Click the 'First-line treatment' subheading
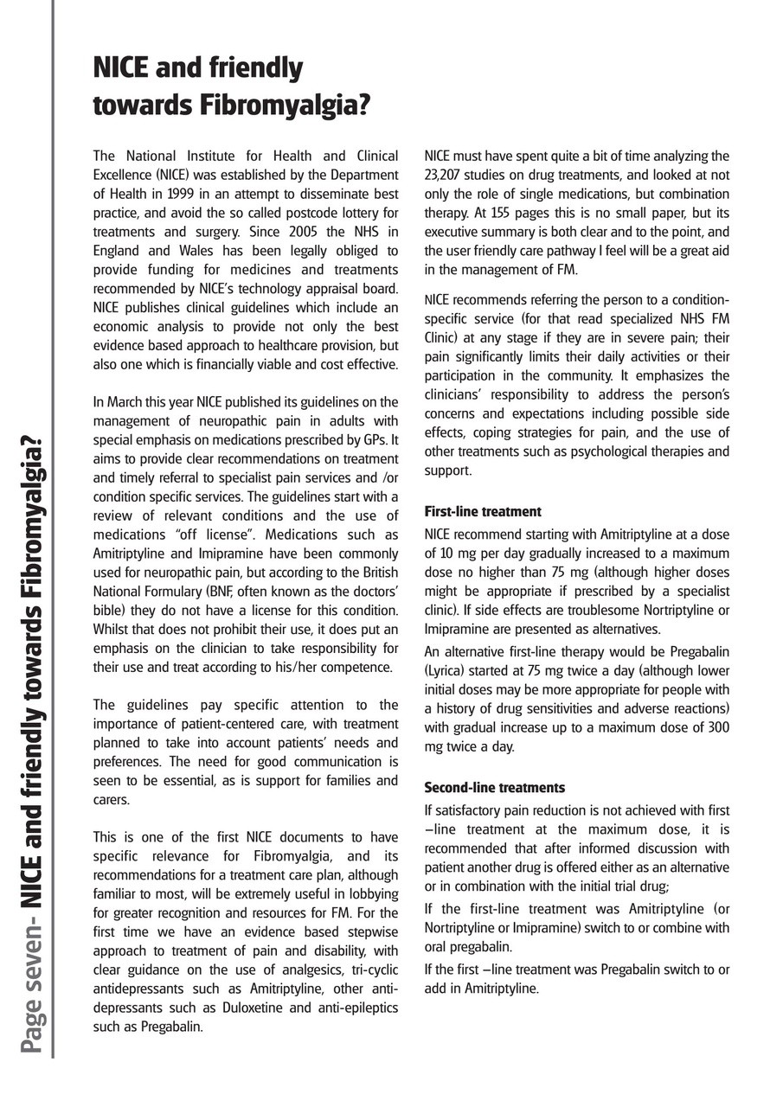(483, 512)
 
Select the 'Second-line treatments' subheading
(494, 788)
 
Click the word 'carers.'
(112, 800)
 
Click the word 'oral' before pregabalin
(437, 947)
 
